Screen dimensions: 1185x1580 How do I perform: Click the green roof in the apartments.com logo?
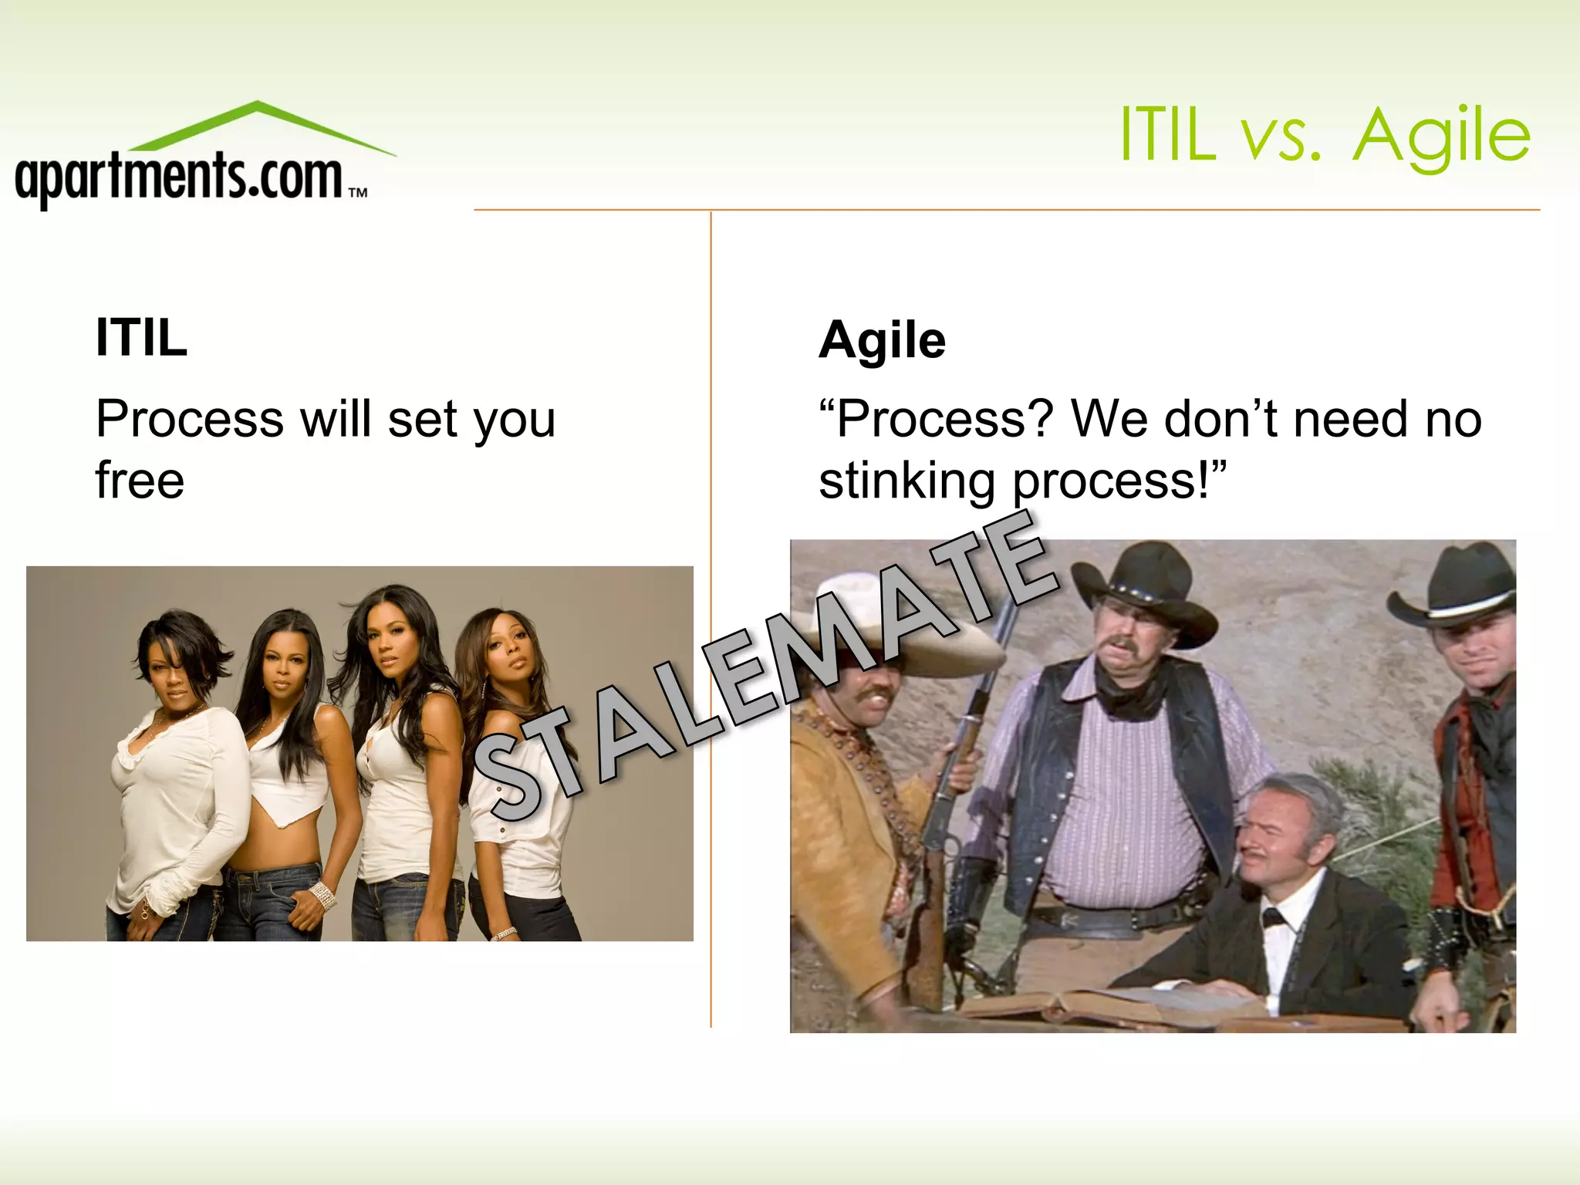pos(258,123)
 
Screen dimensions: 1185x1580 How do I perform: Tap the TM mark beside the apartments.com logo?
pos(357,193)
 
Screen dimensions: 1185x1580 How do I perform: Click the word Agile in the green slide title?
pos(1441,137)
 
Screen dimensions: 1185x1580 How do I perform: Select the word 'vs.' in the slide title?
pos(1281,137)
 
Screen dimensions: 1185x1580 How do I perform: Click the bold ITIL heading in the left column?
pos(141,337)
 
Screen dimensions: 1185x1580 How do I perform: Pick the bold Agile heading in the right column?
pos(882,340)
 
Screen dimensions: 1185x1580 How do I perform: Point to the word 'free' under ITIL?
pos(140,480)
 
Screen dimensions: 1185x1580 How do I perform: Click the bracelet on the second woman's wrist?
pos(322,895)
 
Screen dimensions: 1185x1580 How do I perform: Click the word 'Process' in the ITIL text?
pos(190,420)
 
